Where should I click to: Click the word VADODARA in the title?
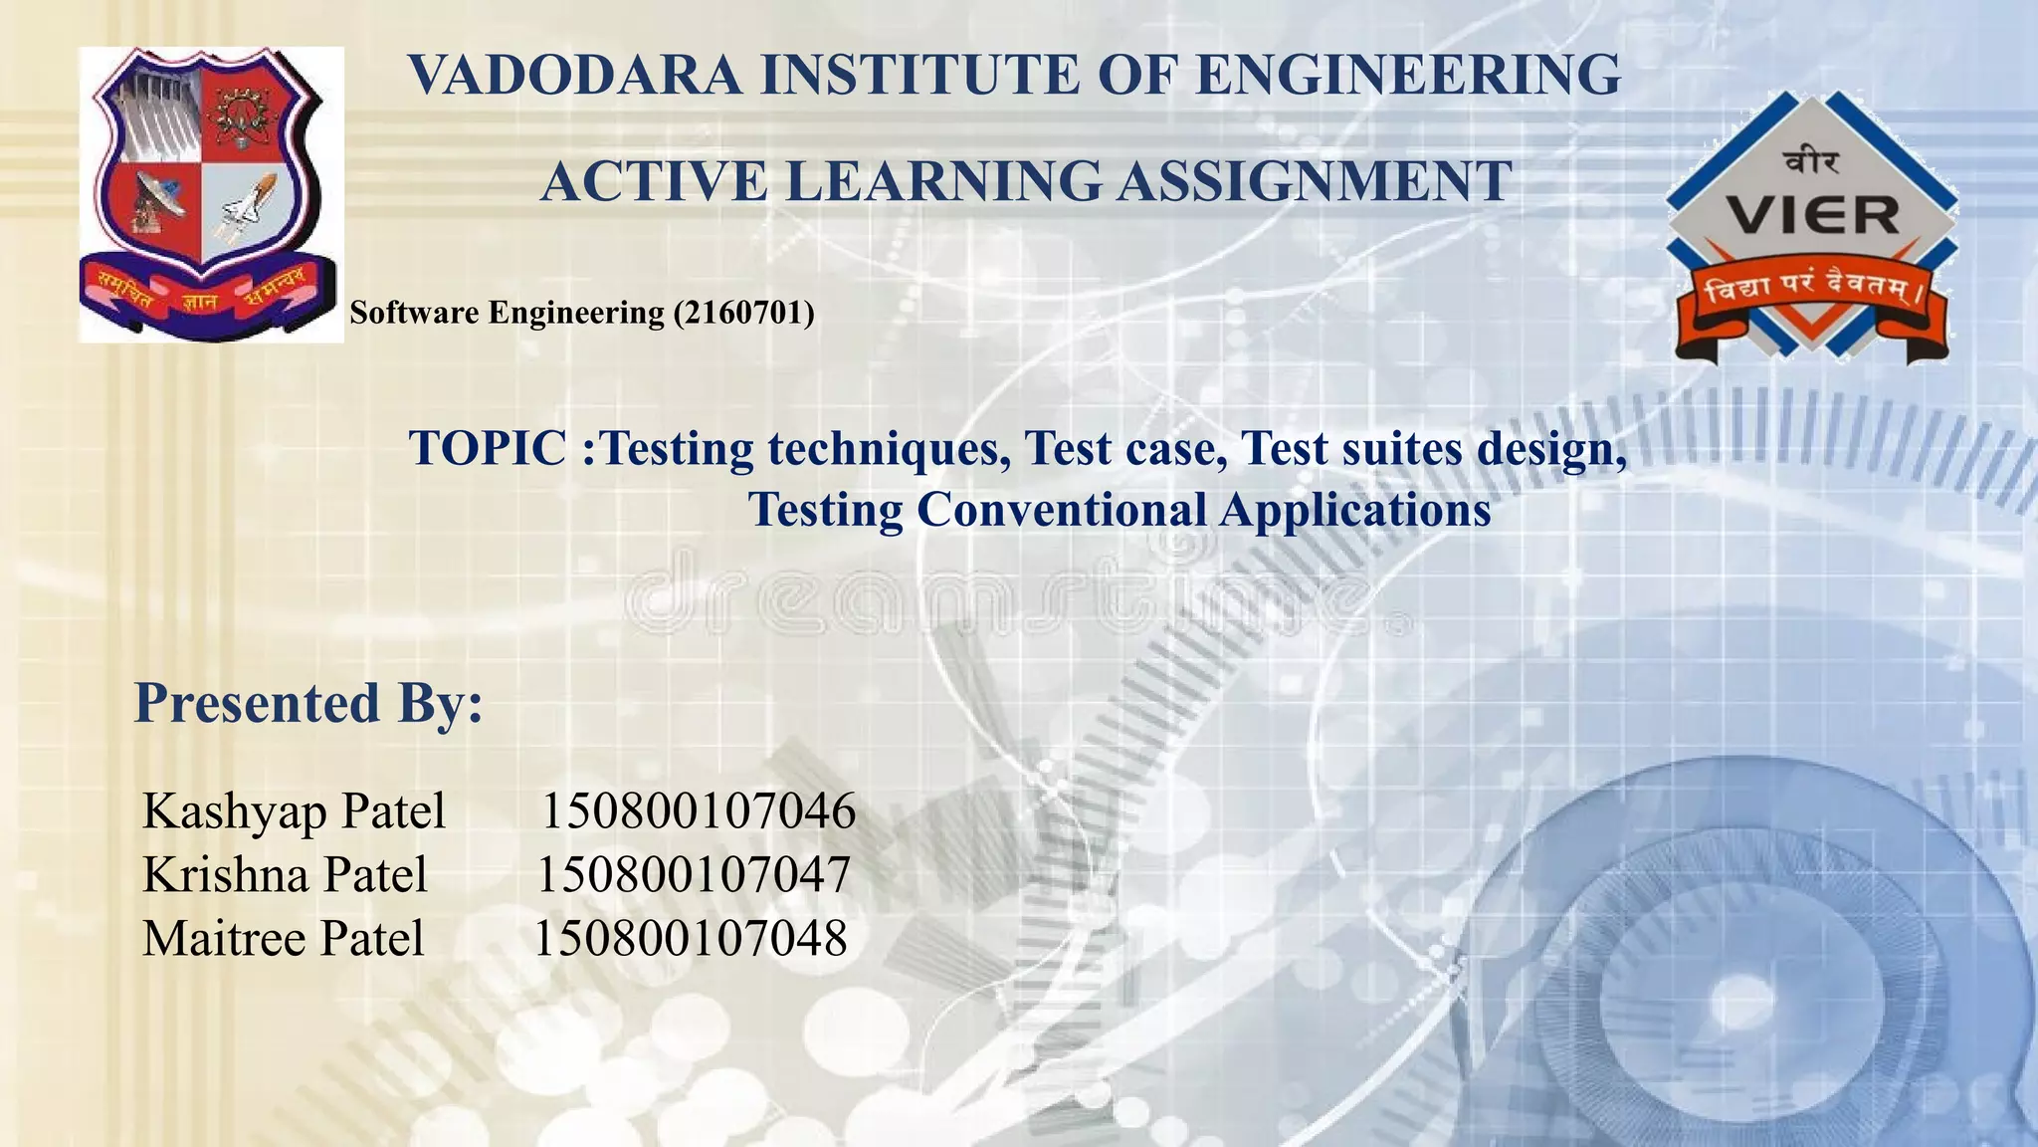tap(575, 76)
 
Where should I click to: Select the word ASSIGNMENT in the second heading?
tap(1314, 181)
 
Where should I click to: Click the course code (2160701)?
tap(743, 314)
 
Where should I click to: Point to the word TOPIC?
tap(488, 448)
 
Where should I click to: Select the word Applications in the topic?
tap(1355, 510)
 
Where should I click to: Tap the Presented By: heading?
tap(308, 703)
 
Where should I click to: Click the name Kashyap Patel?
tap(294, 810)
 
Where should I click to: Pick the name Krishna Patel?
tap(285, 875)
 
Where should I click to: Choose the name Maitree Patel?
tap(283, 939)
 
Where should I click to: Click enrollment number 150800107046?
tap(698, 810)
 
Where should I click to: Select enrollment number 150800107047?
tap(694, 875)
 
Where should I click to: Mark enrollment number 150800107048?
tap(691, 939)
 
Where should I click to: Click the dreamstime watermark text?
tap(1005, 597)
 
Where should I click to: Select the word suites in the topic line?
tap(1402, 448)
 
